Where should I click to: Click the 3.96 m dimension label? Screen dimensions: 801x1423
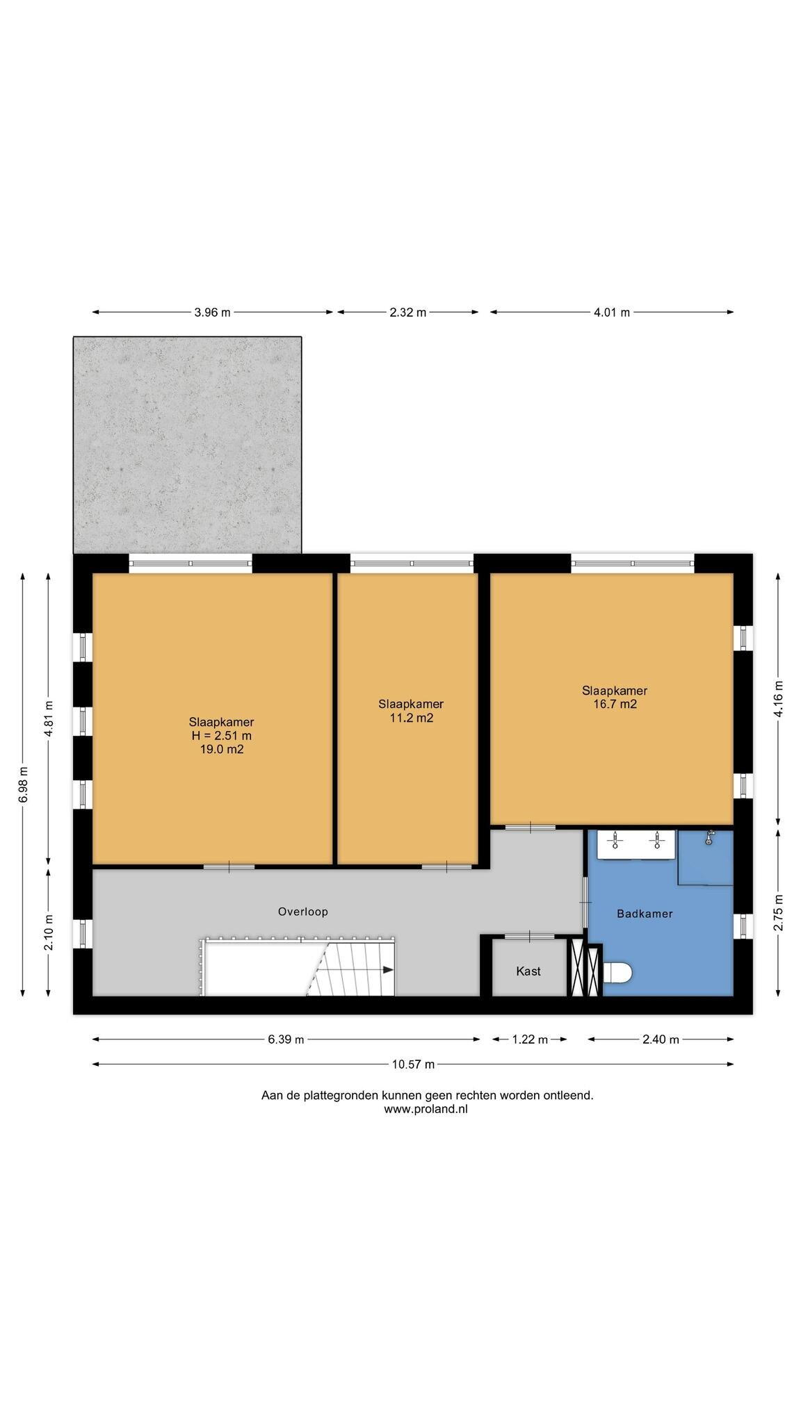click(212, 313)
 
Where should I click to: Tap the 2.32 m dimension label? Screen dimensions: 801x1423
click(407, 313)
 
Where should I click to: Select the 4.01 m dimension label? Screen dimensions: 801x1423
click(611, 313)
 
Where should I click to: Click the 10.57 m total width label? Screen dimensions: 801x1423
click(413, 1064)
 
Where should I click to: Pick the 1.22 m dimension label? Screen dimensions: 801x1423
click(530, 1039)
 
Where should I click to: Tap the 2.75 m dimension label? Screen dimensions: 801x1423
click(778, 912)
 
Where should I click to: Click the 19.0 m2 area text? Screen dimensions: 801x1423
click(221, 749)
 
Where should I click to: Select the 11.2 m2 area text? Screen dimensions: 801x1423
click(411, 718)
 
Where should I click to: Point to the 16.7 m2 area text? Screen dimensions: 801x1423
click(615, 704)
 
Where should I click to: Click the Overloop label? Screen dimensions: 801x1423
click(302, 912)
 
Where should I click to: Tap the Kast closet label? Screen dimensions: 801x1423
click(528, 971)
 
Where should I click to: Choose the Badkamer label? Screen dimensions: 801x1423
click(645, 914)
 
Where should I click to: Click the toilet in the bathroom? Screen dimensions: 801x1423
click(617, 973)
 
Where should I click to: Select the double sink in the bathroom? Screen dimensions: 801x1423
click(636, 844)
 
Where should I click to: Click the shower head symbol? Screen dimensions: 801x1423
click(709, 837)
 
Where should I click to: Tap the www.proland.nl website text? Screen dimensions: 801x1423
click(426, 1109)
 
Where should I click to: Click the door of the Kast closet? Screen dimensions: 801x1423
click(530, 937)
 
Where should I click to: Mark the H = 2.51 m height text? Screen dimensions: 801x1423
click(221, 736)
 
